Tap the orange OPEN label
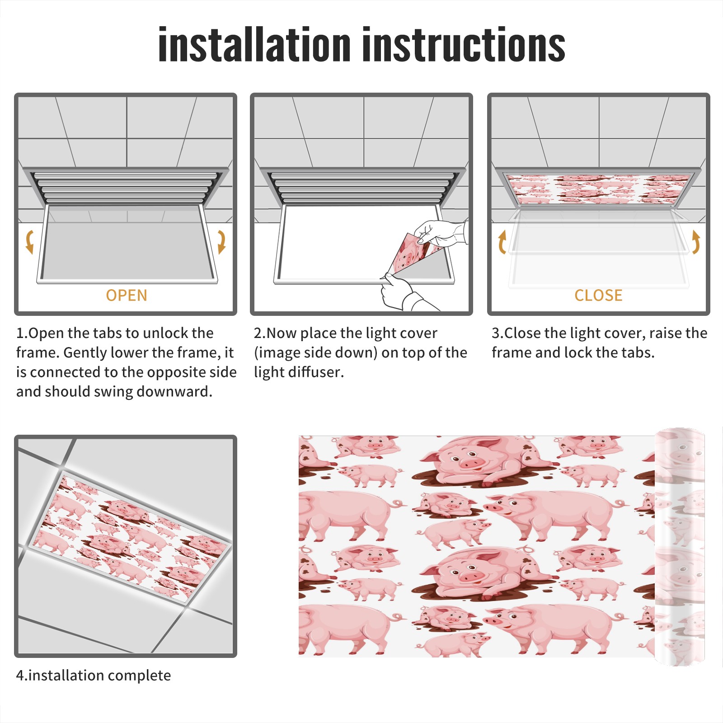127,296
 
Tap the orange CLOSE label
598,296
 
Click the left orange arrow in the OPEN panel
30,242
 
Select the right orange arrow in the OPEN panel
221,242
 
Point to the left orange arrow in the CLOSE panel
502,242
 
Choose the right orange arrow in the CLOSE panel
696,242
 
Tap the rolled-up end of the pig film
680,547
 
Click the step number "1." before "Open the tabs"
22,333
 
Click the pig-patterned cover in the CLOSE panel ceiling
598,189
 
